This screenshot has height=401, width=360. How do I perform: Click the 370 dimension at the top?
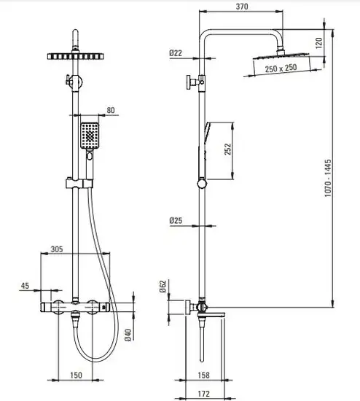[242, 7]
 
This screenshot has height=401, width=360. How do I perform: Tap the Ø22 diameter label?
[176, 53]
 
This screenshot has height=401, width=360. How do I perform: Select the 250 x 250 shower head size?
[281, 68]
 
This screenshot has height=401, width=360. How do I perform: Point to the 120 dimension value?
[319, 43]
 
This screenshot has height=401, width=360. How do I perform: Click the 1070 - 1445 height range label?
[328, 178]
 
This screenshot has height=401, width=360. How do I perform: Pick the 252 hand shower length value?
[227, 149]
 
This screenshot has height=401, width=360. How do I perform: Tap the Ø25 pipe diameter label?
[176, 220]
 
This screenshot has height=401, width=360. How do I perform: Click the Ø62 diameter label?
[163, 287]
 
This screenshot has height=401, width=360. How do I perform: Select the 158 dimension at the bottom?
[204, 375]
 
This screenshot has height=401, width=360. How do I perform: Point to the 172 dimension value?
[204, 394]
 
